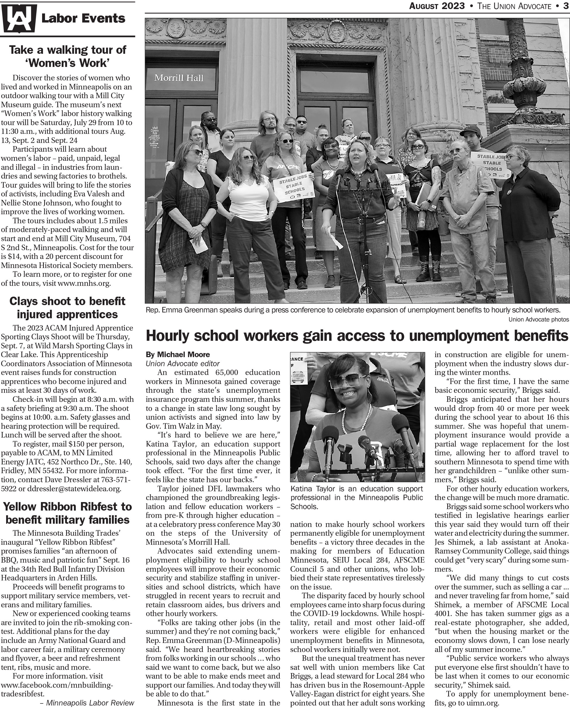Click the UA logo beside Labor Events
click(x=19, y=18)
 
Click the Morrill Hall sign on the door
click(x=179, y=78)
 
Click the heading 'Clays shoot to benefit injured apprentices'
click(x=68, y=307)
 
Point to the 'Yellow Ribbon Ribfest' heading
click(x=68, y=513)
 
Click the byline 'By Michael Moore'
click(x=178, y=355)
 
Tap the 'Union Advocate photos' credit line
click(x=538, y=319)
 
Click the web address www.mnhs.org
click(x=84, y=283)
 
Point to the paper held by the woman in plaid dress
click(x=199, y=245)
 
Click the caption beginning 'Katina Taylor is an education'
click(x=357, y=497)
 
